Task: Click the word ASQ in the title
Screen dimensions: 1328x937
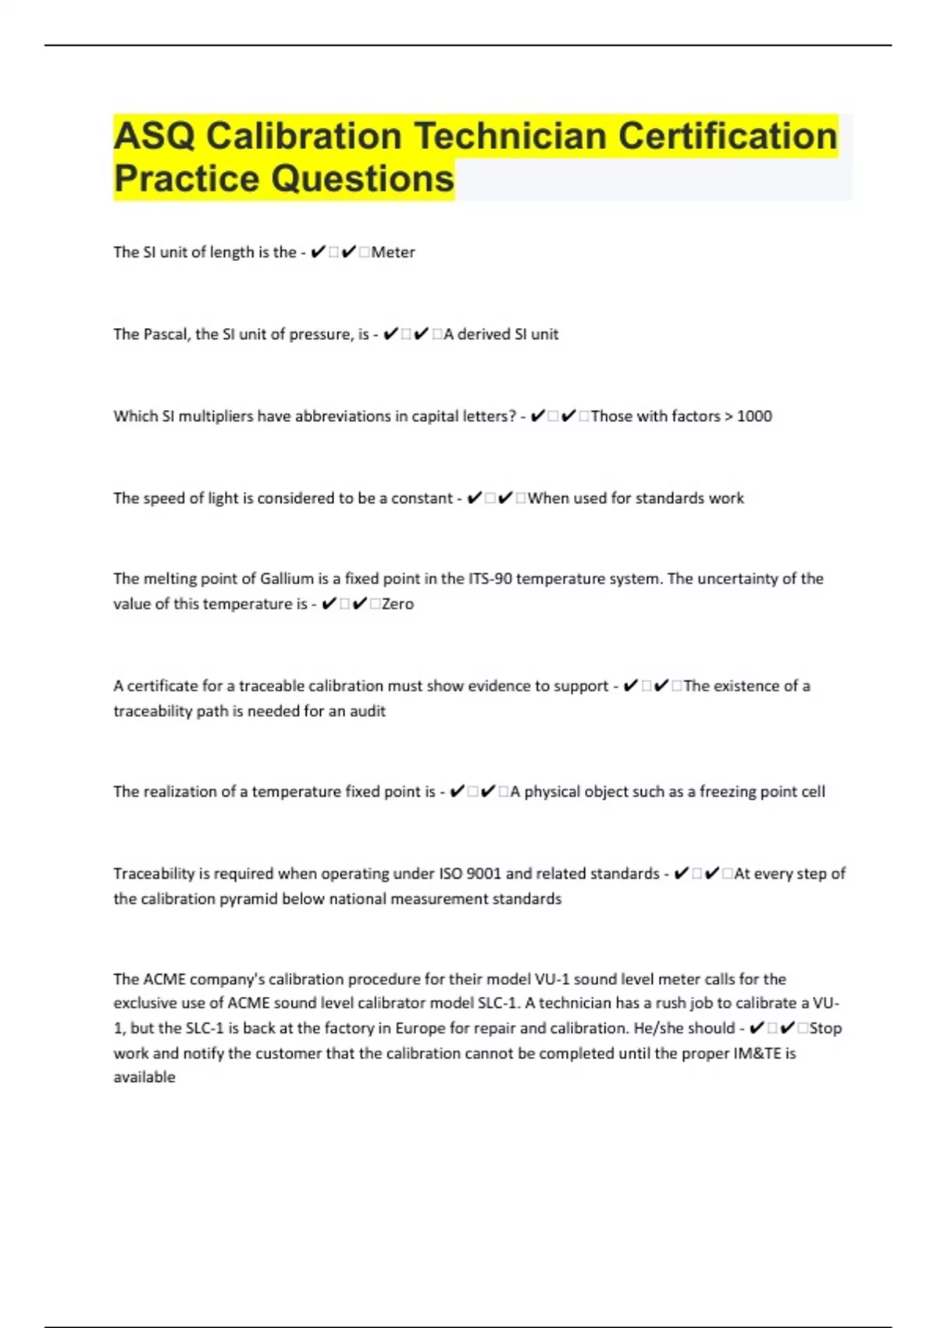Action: (x=154, y=137)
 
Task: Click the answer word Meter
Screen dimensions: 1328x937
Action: (x=393, y=252)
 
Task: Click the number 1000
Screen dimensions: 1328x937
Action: (x=754, y=416)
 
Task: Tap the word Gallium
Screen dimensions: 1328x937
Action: (x=287, y=579)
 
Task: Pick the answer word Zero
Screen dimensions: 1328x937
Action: (x=397, y=604)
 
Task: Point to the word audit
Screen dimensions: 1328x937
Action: (x=368, y=711)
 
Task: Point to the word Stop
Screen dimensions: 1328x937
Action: (x=825, y=1028)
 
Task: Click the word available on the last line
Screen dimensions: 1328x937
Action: (x=144, y=1077)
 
